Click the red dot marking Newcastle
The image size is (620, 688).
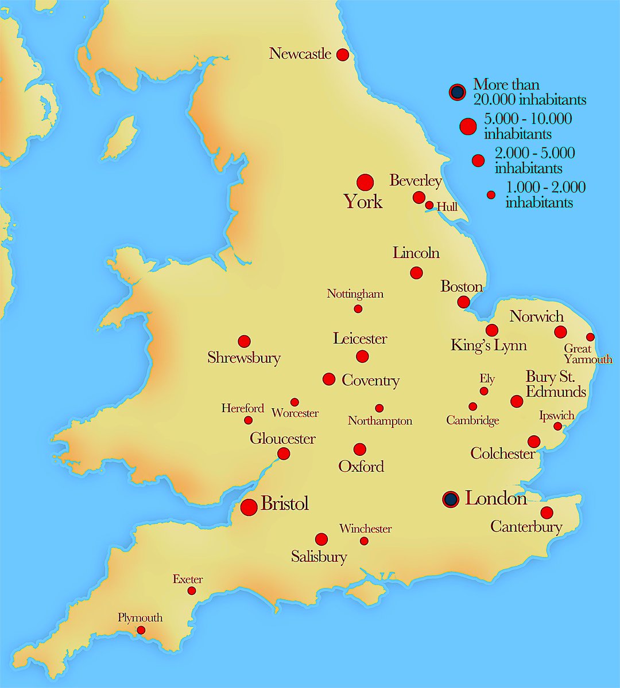(x=342, y=55)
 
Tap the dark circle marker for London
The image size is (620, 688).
(x=451, y=499)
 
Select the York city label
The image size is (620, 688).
(x=363, y=202)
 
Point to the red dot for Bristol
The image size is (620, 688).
(x=249, y=507)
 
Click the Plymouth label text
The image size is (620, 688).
(x=140, y=617)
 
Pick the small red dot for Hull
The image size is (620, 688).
(x=429, y=205)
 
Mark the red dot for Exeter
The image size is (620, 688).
(x=192, y=591)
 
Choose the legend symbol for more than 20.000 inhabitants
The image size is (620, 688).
(x=457, y=92)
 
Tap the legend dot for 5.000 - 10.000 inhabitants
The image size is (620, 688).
(x=468, y=127)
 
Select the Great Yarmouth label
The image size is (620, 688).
(x=587, y=354)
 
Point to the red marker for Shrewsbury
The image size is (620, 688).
(x=244, y=342)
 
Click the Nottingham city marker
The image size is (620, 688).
(x=358, y=309)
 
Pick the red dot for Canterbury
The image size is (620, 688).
(x=547, y=513)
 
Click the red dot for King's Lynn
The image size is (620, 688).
(x=492, y=330)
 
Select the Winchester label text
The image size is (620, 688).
(x=365, y=529)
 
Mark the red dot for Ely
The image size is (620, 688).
(x=484, y=391)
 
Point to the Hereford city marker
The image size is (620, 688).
(x=248, y=420)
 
